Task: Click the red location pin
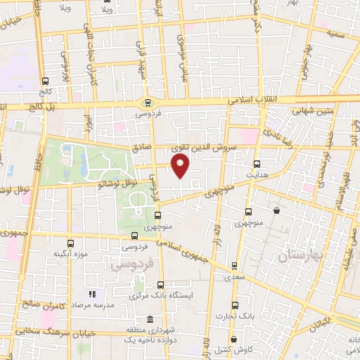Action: (x=181, y=166)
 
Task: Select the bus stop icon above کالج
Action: (x=46, y=81)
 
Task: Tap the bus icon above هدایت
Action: (x=257, y=163)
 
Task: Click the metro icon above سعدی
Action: (x=234, y=267)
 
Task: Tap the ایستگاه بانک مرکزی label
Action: (x=161, y=297)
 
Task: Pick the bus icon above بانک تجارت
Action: (x=235, y=306)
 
